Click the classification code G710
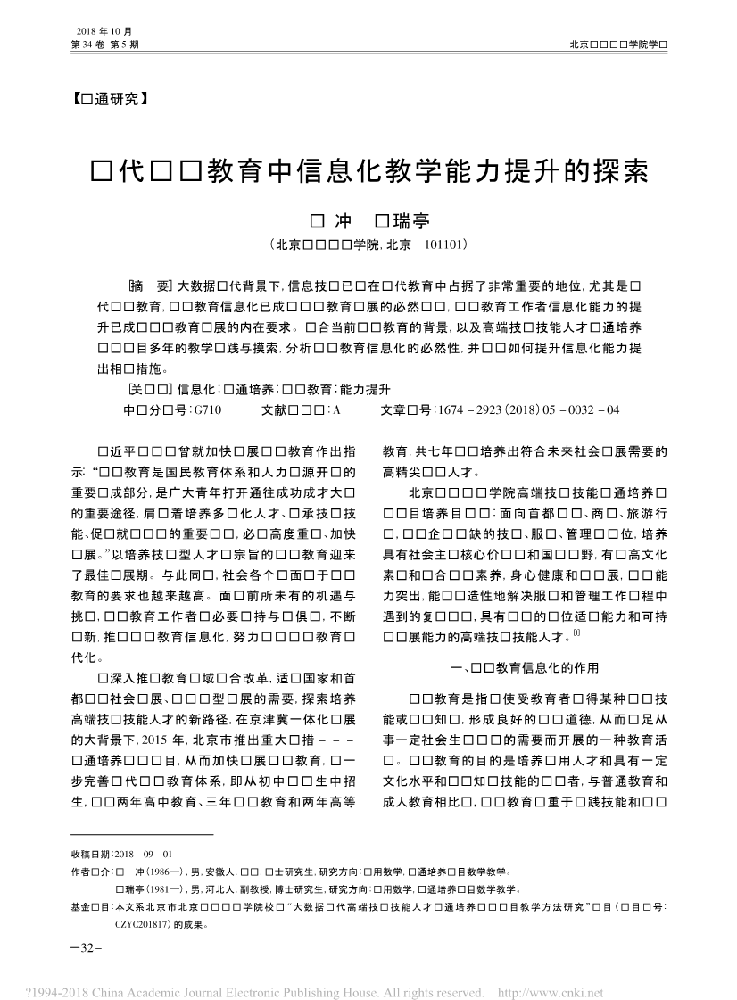[206, 409]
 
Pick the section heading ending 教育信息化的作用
[526, 667]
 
